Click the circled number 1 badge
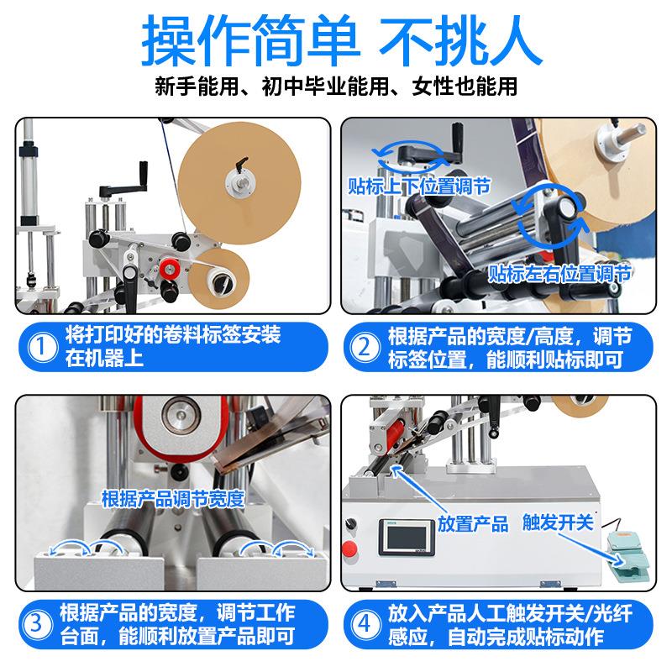(39, 345)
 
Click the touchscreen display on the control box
(402, 537)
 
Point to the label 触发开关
(558, 523)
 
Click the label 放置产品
(474, 524)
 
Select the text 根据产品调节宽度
(172, 498)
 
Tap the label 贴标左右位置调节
(560, 273)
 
